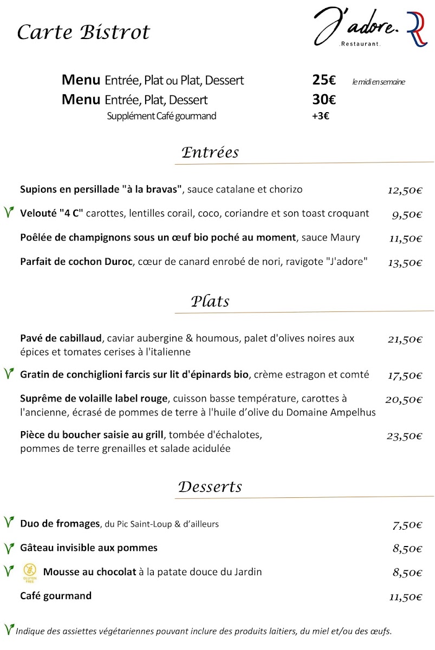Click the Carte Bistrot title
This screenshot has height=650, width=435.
tap(83, 32)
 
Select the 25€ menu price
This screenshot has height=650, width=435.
tap(324, 81)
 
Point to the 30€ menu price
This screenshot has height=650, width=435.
tap(324, 100)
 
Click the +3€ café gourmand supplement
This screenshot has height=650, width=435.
tap(321, 116)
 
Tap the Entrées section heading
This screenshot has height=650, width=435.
tap(210, 152)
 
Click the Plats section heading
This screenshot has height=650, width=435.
tap(210, 301)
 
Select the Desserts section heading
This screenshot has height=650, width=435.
tap(210, 486)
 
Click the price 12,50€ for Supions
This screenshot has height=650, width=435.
tap(405, 190)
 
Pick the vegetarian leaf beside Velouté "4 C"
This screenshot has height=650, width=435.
tap(9, 212)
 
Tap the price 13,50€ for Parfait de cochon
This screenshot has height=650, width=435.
tap(405, 263)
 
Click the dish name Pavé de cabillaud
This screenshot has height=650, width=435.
tap(61, 339)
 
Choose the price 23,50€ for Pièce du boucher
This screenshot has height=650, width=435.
tap(405, 436)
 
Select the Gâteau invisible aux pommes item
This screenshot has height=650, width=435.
tap(89, 548)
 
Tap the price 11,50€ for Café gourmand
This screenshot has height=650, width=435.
tap(405, 597)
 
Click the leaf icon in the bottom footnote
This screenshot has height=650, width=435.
tap(9, 629)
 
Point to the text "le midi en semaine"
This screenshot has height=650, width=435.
tap(378, 82)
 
